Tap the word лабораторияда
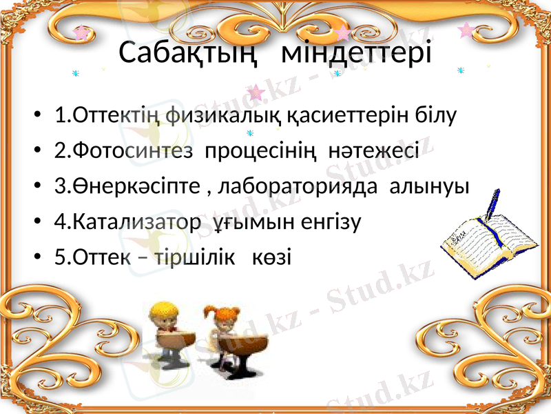click(302, 186)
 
